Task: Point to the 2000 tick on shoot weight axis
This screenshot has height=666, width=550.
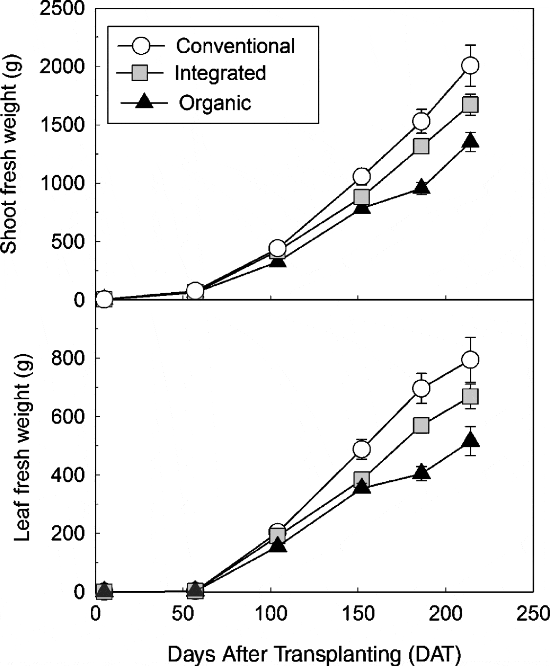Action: tap(63, 66)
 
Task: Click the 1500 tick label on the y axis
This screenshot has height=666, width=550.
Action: tap(63, 125)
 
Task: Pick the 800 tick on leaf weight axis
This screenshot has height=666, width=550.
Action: tap(69, 358)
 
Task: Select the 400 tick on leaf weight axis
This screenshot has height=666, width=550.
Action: tap(69, 475)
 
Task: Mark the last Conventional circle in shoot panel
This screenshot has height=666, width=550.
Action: tap(470, 65)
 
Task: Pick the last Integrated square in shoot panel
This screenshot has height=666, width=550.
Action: tap(470, 105)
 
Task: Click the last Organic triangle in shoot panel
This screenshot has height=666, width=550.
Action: tap(470, 141)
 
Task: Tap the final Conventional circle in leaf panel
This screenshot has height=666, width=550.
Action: tap(470, 360)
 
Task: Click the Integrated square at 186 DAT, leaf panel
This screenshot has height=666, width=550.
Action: tap(421, 425)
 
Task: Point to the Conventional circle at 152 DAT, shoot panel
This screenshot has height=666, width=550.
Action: tap(361, 176)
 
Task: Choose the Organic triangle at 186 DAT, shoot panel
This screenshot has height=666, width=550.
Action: tap(421, 187)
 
